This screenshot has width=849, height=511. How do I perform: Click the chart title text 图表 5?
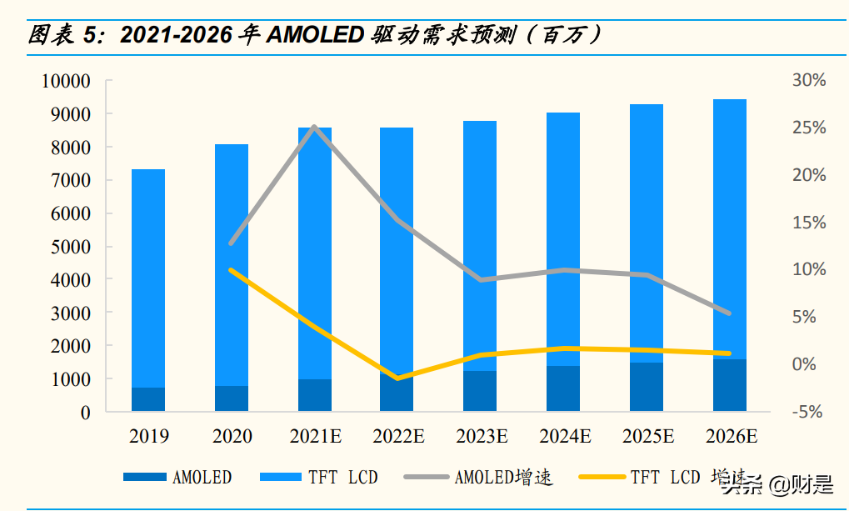(x=63, y=35)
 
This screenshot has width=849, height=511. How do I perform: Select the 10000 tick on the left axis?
(x=65, y=82)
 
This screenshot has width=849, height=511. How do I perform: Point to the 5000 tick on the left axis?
(x=69, y=247)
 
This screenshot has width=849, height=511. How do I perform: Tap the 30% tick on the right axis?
(x=808, y=81)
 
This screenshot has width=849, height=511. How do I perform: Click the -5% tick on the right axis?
(x=808, y=412)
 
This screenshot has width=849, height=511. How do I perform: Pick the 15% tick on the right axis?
(x=808, y=223)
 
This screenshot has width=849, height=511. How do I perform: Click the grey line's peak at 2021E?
(x=314, y=127)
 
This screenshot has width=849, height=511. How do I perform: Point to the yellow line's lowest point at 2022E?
(x=397, y=378)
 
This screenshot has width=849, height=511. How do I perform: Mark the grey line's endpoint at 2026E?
(x=730, y=313)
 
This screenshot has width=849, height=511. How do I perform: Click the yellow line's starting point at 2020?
(x=232, y=270)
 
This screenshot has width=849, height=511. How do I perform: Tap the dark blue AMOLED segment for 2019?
(x=148, y=399)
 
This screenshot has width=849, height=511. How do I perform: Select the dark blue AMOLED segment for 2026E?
(x=730, y=385)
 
